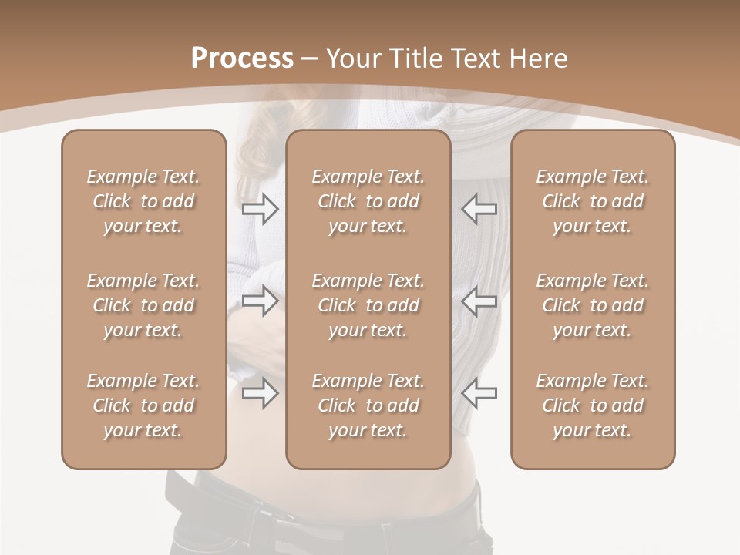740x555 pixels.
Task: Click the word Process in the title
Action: pos(242,59)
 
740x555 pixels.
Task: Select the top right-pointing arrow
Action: pos(260,209)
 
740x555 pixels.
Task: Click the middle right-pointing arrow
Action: pos(260,301)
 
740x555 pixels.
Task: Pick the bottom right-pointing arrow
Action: pos(260,393)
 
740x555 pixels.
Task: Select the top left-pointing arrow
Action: pos(479,209)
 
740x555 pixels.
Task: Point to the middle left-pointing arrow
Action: pos(479,301)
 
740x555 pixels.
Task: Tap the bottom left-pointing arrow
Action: pos(479,393)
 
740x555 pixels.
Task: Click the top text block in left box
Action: pos(143,201)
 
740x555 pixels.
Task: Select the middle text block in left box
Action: pos(143,305)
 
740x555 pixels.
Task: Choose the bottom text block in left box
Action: pos(143,405)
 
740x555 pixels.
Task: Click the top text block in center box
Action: pos(368,201)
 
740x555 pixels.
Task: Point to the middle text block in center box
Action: pos(368,305)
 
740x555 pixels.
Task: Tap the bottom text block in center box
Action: pos(368,405)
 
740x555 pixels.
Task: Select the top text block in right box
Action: pos(593,201)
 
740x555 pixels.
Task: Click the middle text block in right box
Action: pos(593,305)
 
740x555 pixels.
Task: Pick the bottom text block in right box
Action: pos(593,405)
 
